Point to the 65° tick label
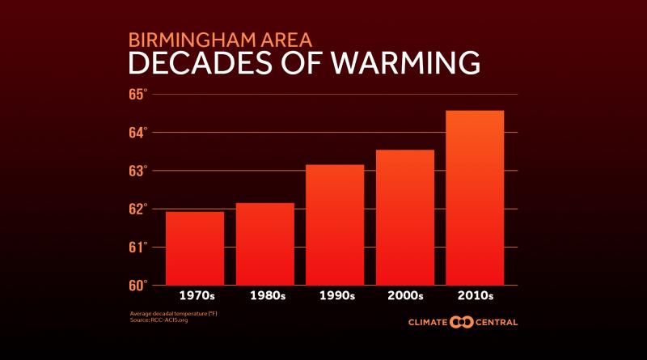click(x=137, y=94)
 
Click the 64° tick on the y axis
click(x=137, y=132)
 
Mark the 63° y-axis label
click(x=137, y=171)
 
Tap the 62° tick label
click(x=137, y=209)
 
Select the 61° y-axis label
click(x=137, y=247)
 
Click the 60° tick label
click(x=137, y=285)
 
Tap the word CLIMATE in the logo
click(x=429, y=323)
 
